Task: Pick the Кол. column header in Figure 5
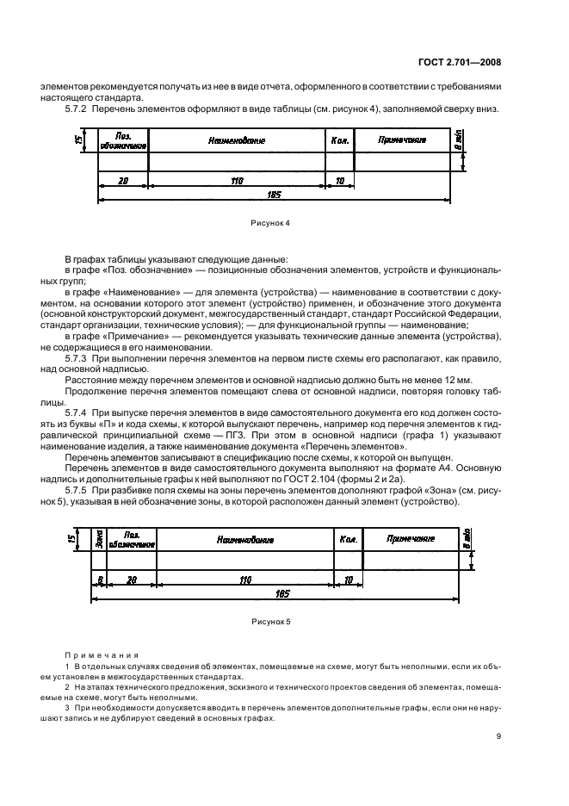(x=349, y=539)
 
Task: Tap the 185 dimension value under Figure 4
(x=275, y=195)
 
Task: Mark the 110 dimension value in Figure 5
(x=245, y=580)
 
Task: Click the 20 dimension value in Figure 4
(x=123, y=181)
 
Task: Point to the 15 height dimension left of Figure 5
(x=71, y=538)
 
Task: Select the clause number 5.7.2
(x=79, y=109)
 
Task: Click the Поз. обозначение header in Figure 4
(x=114, y=140)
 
